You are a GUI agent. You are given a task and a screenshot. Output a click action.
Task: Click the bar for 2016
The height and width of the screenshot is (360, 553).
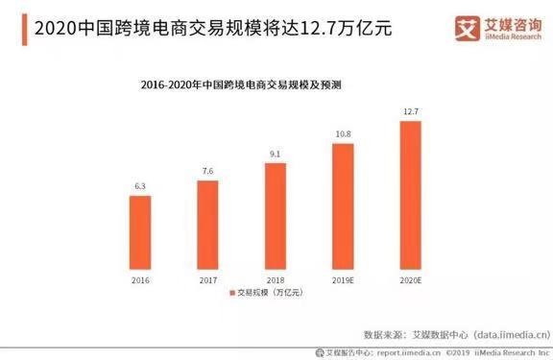(x=140, y=229)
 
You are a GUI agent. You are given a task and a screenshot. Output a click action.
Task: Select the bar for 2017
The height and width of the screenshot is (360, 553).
(x=207, y=223)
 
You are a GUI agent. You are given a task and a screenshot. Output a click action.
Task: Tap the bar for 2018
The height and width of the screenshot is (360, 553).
(x=275, y=214)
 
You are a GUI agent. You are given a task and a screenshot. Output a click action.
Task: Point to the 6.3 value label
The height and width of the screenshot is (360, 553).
(x=140, y=187)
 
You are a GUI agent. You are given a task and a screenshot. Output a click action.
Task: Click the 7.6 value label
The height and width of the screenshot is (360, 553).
(x=207, y=172)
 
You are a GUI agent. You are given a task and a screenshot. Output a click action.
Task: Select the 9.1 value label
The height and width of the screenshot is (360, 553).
(x=275, y=155)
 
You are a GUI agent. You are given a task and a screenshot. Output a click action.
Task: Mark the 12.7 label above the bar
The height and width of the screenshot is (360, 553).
(x=410, y=112)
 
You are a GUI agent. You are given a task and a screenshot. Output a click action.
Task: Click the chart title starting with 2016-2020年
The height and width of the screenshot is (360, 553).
(x=274, y=85)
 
